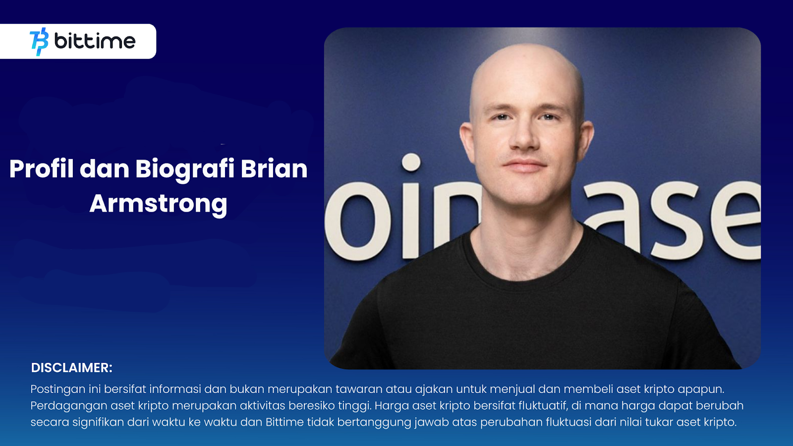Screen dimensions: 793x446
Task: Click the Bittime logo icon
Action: (39, 42)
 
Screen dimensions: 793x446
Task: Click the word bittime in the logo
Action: (95, 41)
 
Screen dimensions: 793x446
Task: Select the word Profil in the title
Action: (42, 168)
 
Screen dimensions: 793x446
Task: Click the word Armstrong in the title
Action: (158, 204)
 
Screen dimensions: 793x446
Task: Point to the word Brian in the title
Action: (274, 168)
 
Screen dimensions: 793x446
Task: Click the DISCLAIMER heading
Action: (71, 368)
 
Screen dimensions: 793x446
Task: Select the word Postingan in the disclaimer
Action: (58, 390)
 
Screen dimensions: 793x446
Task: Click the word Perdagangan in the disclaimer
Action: (69, 406)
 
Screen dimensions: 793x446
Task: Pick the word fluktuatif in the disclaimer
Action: (543, 405)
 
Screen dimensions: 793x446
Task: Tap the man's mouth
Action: (524, 165)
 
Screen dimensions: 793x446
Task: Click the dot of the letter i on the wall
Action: (411, 163)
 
